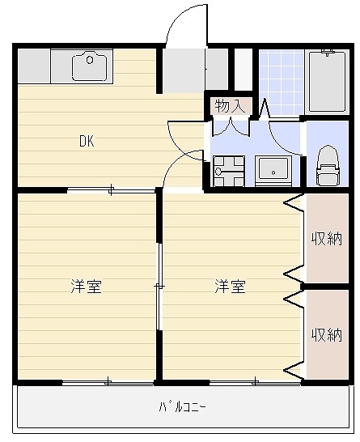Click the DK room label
(x=87, y=141)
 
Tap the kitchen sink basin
(x=89, y=66)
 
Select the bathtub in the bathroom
(x=327, y=81)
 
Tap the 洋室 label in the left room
(x=86, y=287)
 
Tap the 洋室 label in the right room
(x=230, y=287)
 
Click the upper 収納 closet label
(x=328, y=239)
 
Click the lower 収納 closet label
(x=328, y=334)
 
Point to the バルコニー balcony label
(x=182, y=406)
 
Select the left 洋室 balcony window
(x=109, y=380)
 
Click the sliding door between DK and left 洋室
(x=111, y=190)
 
